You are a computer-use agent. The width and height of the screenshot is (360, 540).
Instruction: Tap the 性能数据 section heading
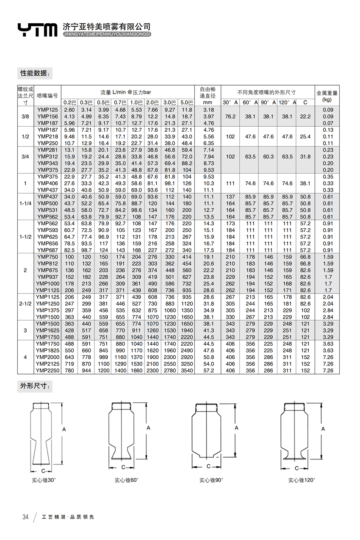tap(35, 73)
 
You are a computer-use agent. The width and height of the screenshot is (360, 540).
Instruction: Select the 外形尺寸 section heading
tap(35, 386)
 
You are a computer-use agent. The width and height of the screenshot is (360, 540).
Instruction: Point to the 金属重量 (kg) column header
tap(327, 96)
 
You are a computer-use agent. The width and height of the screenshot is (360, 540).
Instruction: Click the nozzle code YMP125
tap(47, 110)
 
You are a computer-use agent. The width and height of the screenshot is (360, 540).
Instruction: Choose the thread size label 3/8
tap(25, 116)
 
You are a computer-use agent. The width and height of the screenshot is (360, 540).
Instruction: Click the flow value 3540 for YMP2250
tap(187, 371)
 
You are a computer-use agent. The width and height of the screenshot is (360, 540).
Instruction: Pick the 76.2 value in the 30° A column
tap(230, 116)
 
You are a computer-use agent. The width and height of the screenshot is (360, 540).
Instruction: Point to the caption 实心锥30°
tap(44, 480)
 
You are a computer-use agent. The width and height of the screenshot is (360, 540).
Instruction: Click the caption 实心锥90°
tap(211, 480)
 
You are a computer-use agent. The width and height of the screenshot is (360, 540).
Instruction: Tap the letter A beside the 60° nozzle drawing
tap(149, 428)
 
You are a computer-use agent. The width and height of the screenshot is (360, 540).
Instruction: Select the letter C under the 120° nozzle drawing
tap(296, 468)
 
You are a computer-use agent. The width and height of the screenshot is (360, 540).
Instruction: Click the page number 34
tap(25, 517)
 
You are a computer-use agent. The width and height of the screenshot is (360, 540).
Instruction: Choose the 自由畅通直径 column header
tap(208, 96)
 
